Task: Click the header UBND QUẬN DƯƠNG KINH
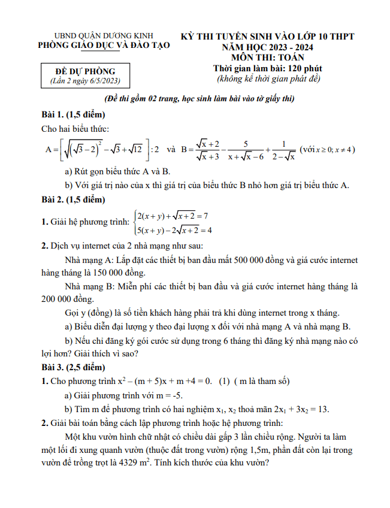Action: [x=104, y=35]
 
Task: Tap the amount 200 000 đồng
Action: [x=68, y=298]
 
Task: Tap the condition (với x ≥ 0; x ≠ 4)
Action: [x=327, y=149]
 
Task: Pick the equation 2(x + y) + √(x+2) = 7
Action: [x=172, y=216]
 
